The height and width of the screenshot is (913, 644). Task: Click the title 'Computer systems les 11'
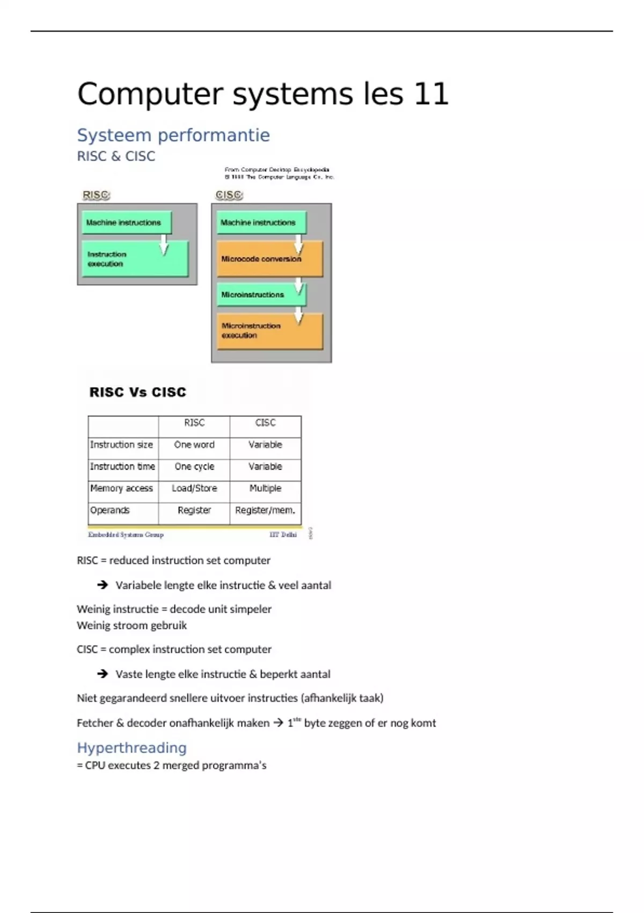click(263, 94)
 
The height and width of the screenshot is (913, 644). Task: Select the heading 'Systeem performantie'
click(173, 135)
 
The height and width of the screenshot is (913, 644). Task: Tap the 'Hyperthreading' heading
click(132, 748)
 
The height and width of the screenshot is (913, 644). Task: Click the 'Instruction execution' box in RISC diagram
click(135, 259)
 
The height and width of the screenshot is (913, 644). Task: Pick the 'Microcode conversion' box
click(269, 259)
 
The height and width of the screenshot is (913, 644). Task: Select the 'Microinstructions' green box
click(261, 295)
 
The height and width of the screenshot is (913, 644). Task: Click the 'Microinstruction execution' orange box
click(269, 331)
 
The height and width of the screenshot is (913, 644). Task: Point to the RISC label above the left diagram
click(96, 195)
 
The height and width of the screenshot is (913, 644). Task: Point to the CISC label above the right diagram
click(229, 195)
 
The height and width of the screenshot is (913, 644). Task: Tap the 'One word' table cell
click(194, 445)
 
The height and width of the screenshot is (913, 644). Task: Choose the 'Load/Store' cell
click(194, 488)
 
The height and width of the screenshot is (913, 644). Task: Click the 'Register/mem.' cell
click(265, 510)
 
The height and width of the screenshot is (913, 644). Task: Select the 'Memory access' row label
click(122, 488)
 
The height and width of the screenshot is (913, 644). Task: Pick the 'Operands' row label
click(110, 510)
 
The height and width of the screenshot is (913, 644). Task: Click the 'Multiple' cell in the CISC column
click(265, 488)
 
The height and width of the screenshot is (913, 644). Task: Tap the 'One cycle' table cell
click(194, 467)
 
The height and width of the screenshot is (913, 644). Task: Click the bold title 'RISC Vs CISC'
click(138, 393)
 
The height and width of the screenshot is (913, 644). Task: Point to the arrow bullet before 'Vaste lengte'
click(103, 673)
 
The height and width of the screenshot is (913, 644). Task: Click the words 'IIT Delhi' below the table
click(283, 535)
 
